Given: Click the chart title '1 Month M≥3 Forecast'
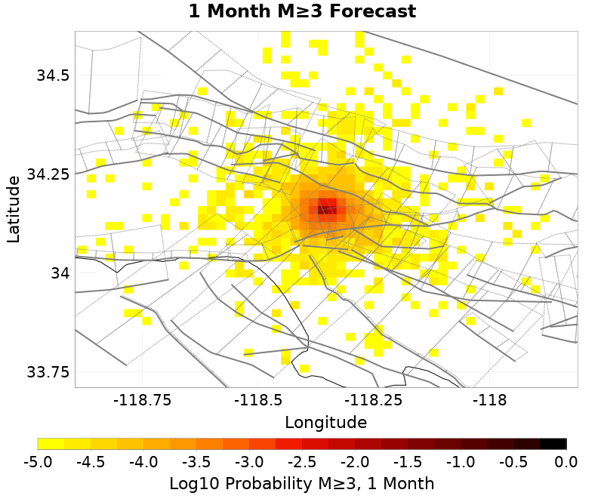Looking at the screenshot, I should click(302, 12).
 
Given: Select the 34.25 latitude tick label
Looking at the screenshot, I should click(47, 174).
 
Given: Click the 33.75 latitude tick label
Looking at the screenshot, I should click(47, 372).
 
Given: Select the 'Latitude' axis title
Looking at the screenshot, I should click(14, 209).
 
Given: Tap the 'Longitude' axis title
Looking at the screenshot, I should click(325, 422).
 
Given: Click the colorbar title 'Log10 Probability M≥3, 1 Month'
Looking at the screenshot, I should click(301, 483).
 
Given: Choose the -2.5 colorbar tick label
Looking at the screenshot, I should click(302, 461).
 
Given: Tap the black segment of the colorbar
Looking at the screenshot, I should click(553, 444).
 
